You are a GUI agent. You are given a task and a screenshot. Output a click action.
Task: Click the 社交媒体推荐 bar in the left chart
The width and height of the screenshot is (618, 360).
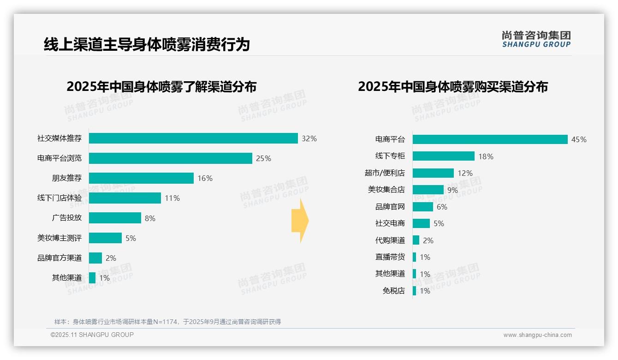(193, 138)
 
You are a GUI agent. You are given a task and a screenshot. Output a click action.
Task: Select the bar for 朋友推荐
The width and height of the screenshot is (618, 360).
(141, 178)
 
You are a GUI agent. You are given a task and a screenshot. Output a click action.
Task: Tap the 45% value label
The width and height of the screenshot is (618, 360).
(579, 139)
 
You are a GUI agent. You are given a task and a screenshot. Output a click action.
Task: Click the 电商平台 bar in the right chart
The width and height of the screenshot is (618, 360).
(490, 139)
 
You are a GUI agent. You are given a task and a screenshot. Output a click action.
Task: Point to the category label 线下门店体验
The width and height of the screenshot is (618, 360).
(59, 198)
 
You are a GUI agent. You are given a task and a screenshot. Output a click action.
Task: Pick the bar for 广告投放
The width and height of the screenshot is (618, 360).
(115, 218)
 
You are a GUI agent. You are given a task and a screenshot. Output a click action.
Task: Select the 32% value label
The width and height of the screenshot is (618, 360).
(309, 138)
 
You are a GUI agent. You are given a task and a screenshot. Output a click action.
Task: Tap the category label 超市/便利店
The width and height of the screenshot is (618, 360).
(385, 173)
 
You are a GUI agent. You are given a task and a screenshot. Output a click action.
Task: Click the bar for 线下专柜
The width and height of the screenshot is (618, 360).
(443, 156)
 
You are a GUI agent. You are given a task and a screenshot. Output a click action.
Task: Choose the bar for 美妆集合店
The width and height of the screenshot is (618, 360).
(428, 190)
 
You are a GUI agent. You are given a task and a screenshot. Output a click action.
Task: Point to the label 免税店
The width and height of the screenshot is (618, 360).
(393, 291)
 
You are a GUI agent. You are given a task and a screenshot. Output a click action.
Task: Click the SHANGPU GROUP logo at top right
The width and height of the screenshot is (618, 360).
(536, 39)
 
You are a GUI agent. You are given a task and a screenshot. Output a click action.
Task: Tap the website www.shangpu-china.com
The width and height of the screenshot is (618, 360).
(537, 335)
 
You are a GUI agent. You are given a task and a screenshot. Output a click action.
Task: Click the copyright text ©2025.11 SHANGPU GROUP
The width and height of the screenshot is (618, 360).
(92, 335)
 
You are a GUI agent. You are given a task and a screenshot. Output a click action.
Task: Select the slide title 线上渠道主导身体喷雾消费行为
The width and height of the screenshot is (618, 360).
(147, 44)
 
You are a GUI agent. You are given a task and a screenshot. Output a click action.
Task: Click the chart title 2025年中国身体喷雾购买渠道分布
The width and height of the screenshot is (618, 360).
(452, 87)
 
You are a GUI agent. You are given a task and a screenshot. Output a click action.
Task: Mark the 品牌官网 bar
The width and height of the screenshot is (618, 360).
(423, 207)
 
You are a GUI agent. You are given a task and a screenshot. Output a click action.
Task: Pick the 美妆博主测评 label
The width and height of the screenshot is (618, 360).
(59, 238)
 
